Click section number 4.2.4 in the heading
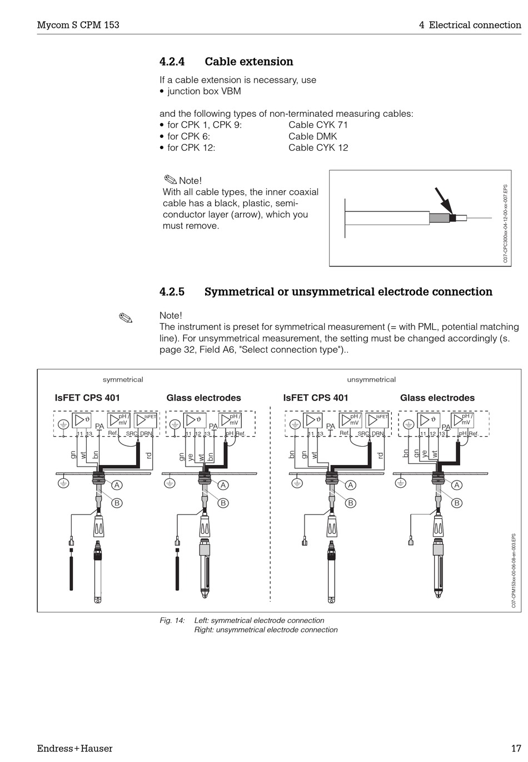click(172, 62)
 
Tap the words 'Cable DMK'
click(312, 136)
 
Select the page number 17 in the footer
click(516, 749)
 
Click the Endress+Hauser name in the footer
click(74, 749)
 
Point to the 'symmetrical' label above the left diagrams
click(123, 380)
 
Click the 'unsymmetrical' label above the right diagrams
click(371, 380)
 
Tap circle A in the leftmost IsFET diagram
click(118, 485)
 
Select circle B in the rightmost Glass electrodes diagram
click(457, 503)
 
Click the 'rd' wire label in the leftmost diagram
click(148, 456)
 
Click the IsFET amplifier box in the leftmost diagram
click(146, 420)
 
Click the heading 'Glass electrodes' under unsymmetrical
click(437, 398)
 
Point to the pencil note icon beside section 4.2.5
click(126, 318)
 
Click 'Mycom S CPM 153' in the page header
click(78, 25)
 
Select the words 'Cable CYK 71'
click(318, 125)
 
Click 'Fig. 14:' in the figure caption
click(172, 621)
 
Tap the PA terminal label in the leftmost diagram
click(99, 427)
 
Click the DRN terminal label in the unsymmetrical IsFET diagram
click(377, 434)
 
